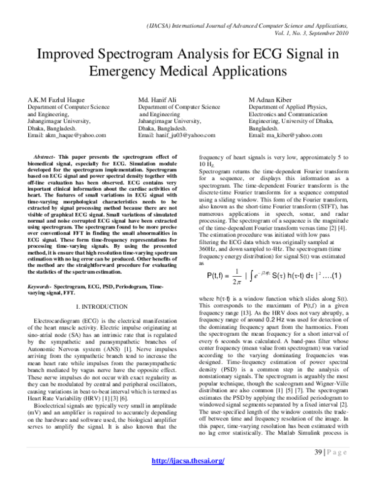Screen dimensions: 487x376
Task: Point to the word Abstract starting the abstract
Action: point(43,155)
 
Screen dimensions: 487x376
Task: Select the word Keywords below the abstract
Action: point(38,286)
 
